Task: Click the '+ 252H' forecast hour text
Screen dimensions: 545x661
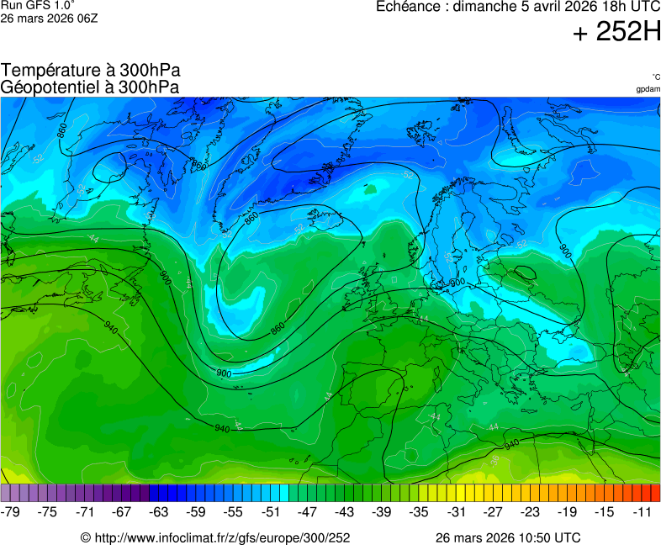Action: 616,32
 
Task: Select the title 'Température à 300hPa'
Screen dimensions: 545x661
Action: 90,71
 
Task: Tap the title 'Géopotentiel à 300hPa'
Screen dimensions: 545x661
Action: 90,87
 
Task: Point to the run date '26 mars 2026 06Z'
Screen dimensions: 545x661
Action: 49,19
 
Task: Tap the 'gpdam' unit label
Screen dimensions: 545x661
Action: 648,89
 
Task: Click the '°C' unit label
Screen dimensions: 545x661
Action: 655,77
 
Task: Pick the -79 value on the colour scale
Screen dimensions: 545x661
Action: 11,511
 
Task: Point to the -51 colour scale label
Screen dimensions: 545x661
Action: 271,511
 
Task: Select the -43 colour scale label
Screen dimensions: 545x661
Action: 345,511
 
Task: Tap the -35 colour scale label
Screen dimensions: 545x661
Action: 419,511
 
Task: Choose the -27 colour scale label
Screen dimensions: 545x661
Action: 493,511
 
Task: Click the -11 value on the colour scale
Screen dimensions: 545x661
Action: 642,511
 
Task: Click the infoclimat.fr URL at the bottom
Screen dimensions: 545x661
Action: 221,537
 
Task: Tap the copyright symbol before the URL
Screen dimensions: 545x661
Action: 85,537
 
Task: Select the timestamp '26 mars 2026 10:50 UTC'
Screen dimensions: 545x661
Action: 507,537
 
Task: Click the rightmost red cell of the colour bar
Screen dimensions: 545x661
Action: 655,493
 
